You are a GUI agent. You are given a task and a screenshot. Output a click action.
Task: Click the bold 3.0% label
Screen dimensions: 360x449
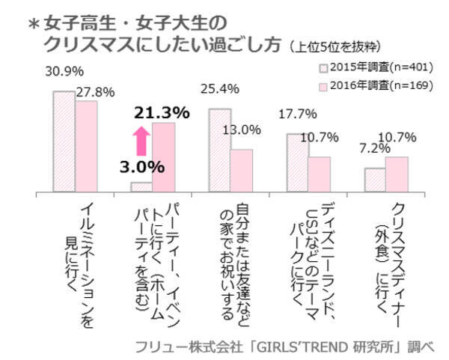(x=140, y=165)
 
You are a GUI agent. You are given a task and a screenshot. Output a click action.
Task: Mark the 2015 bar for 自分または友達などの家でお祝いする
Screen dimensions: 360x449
(x=219, y=150)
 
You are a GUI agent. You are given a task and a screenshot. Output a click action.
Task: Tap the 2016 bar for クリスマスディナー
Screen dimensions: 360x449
(x=397, y=174)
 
